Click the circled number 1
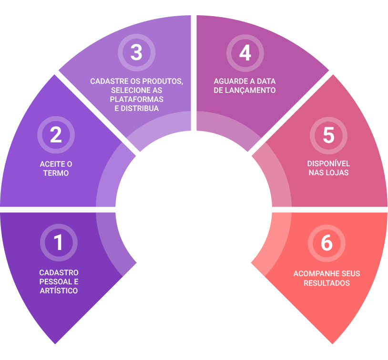59,242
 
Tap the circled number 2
56,135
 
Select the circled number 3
137,52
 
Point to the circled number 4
245,53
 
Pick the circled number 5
328,136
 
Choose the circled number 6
327,243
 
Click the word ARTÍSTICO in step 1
59,290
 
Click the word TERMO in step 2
56,173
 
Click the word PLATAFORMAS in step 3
137,100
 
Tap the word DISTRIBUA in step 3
140,108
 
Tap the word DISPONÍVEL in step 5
328,163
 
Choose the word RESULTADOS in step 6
327,283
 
